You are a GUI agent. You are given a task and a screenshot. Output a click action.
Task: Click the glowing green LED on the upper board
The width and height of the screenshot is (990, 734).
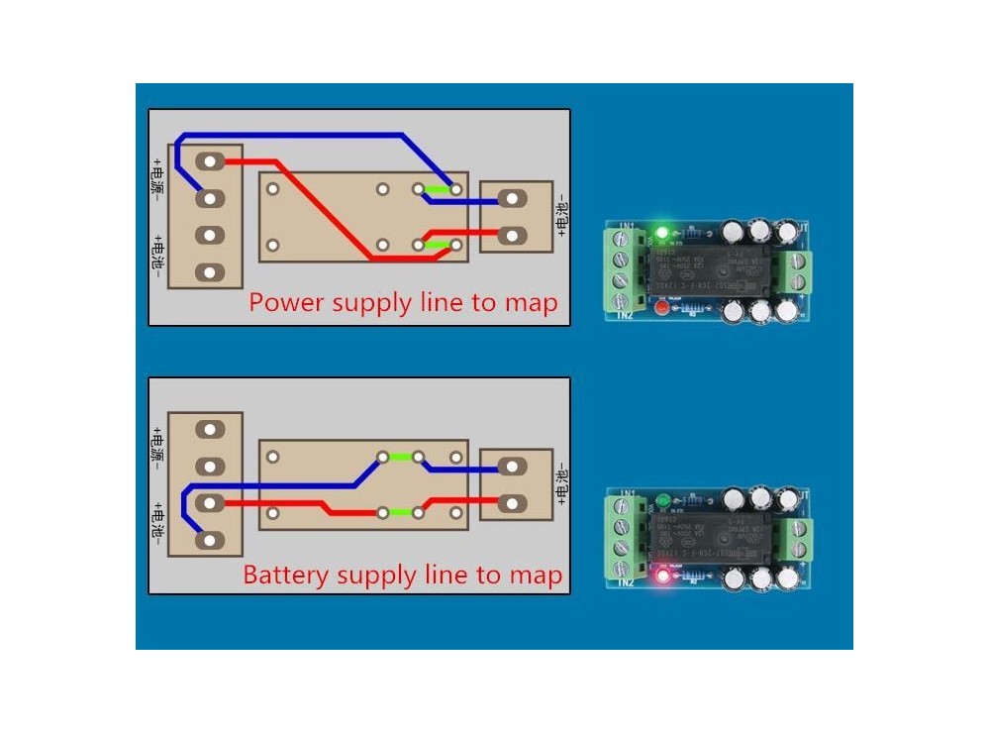(662, 234)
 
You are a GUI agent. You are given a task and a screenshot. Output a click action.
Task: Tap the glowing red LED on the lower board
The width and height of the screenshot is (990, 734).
(661, 574)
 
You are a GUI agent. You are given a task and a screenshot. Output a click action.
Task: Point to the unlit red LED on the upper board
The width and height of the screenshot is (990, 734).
(660, 309)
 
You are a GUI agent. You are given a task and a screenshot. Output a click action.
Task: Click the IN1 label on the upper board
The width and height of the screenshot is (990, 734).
(626, 228)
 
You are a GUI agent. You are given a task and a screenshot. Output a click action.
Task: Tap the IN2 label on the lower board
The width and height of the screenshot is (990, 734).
(626, 581)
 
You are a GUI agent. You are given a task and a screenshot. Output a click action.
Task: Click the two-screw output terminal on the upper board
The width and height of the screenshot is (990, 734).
(797, 271)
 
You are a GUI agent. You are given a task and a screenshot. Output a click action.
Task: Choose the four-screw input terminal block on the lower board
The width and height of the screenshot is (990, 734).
(620, 536)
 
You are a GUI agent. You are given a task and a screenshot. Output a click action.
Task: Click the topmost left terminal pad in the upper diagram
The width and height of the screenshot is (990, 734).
(209, 161)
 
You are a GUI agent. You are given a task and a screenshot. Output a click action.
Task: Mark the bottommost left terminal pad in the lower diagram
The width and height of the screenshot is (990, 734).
(209, 540)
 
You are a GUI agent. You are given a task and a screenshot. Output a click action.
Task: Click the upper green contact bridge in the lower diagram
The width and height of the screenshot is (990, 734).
(400, 458)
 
